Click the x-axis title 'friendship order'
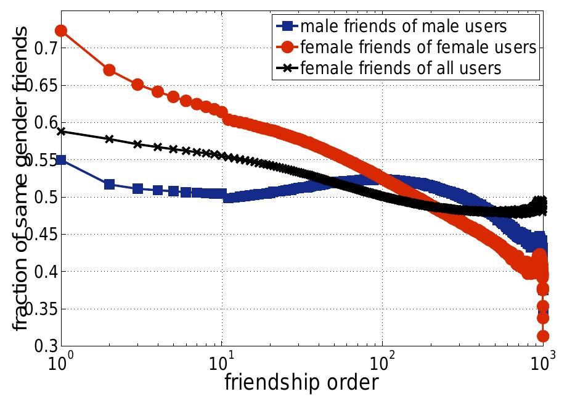[x=301, y=382]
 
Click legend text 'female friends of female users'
[x=418, y=47]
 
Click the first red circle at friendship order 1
[x=62, y=30]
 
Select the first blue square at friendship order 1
[x=62, y=160]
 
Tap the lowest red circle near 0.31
[x=543, y=336]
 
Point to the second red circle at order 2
[x=110, y=70]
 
